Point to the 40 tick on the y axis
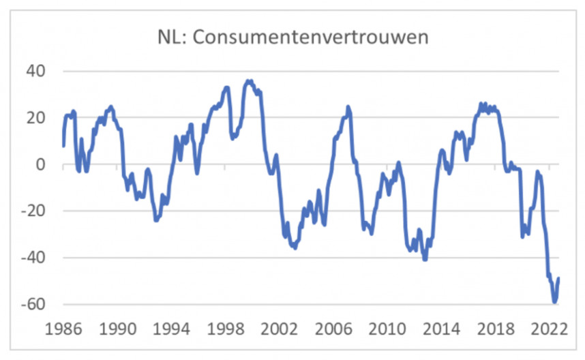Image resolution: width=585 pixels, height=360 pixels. [x=35, y=71]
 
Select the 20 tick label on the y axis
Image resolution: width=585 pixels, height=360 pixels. [x=35, y=118]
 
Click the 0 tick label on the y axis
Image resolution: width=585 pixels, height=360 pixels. [x=40, y=164]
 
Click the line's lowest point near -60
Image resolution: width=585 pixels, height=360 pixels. [x=555, y=301]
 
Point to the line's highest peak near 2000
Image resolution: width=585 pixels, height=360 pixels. [x=250, y=80]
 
